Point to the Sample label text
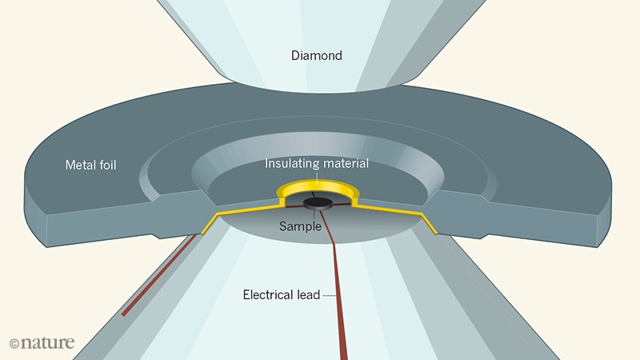click(300, 226)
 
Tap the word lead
click(308, 294)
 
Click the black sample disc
click(318, 203)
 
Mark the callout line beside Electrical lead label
click(328, 294)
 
